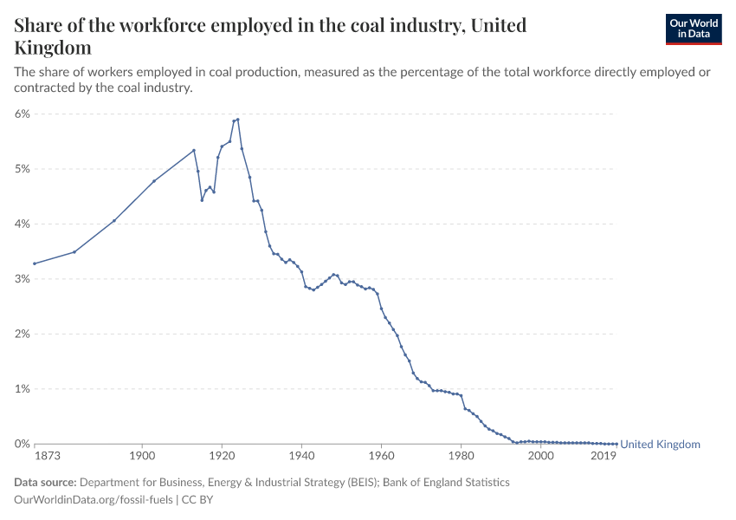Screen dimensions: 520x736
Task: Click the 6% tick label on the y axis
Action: [x=23, y=114]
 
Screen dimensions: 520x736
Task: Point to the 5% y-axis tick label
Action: [x=23, y=169]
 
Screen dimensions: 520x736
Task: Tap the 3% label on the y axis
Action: [x=23, y=279]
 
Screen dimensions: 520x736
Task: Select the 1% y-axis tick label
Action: [x=23, y=389]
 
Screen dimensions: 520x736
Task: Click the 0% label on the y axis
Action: [x=23, y=444]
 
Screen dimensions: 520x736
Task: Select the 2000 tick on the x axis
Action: [x=540, y=456]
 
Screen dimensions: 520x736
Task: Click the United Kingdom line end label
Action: [x=660, y=445]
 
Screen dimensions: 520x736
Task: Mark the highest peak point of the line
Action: [x=238, y=120]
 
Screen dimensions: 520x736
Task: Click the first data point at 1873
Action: [x=35, y=263]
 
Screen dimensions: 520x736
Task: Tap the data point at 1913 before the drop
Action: [x=194, y=150]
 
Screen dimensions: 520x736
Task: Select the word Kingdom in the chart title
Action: [x=53, y=48]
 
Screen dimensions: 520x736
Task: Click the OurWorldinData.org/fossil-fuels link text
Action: [x=94, y=500]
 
